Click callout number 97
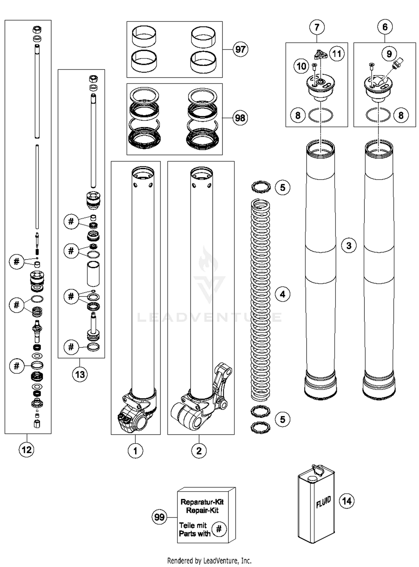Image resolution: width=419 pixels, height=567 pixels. (x=240, y=49)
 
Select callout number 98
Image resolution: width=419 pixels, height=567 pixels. (x=240, y=118)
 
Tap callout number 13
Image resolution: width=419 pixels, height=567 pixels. (x=80, y=374)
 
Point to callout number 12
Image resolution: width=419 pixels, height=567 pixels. (x=27, y=450)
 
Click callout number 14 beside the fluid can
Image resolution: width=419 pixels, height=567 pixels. (x=347, y=501)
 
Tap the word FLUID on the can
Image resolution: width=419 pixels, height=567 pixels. (x=323, y=502)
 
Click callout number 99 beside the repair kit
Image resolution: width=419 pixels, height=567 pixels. (x=159, y=517)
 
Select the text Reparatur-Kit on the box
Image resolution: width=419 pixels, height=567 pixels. (x=202, y=502)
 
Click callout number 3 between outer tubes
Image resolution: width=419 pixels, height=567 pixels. (x=349, y=246)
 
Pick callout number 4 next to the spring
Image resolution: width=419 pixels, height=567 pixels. (x=282, y=294)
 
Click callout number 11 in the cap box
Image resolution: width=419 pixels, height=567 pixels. (x=337, y=53)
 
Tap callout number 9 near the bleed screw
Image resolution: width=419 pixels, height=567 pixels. (x=389, y=54)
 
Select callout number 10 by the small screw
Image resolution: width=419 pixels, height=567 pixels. (x=301, y=66)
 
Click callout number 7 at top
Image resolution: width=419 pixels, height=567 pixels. (x=317, y=27)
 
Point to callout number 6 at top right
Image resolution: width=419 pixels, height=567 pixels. (x=385, y=27)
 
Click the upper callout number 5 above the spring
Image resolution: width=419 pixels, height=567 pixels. (x=282, y=188)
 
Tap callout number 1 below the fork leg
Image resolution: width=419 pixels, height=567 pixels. (x=135, y=451)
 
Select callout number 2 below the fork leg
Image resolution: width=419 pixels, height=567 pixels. (x=199, y=451)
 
